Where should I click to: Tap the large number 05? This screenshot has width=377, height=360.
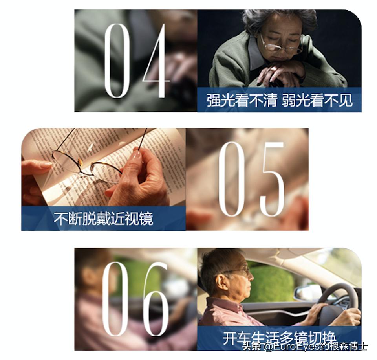click(251, 179)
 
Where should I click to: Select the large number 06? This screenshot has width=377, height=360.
click(135, 299)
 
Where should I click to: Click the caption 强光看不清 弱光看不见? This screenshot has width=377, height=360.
click(279, 100)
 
